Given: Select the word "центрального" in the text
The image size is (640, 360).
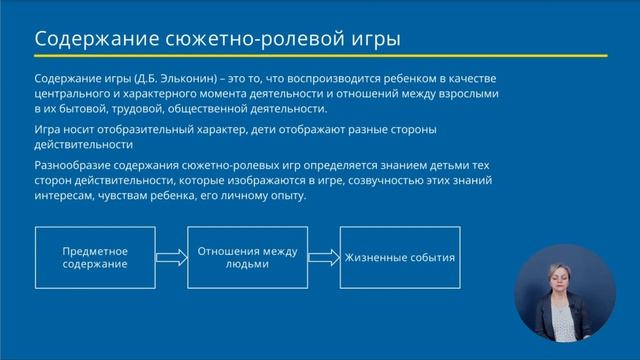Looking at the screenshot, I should click(71, 93).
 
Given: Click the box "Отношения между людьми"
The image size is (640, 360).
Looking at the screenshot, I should click(247, 258).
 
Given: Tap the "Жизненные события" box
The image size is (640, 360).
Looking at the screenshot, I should click(400, 258).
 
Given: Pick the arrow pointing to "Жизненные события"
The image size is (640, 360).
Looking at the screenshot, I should click(323, 258).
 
